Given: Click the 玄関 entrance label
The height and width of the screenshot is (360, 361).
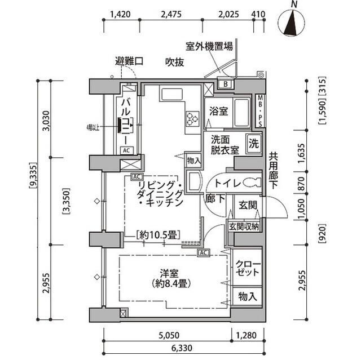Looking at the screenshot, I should point(244,206).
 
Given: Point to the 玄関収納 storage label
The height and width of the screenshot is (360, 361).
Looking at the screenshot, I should point(244,227).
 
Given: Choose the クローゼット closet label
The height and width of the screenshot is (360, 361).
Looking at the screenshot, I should point(248,268).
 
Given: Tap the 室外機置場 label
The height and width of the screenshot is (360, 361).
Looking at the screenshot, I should point(209,47).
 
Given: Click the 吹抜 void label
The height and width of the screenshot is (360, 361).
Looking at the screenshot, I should point(174,63).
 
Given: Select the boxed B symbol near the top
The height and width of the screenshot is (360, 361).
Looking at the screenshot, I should point(225,85).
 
